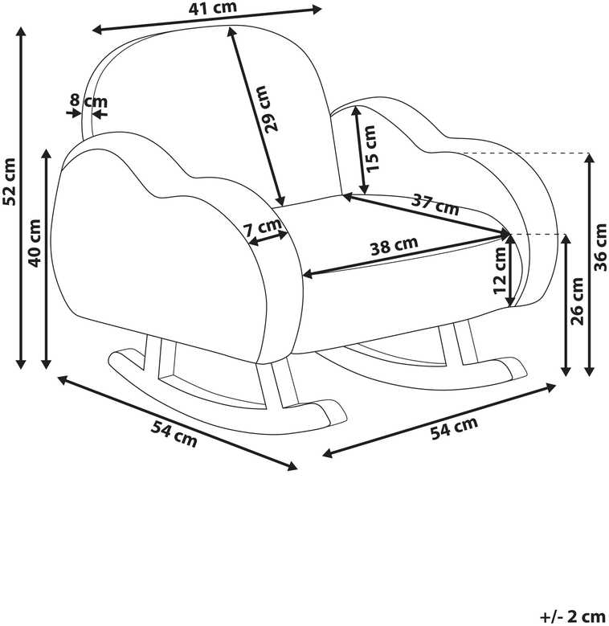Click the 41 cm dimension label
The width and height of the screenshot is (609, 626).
212,8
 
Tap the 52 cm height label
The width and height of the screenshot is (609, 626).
9,182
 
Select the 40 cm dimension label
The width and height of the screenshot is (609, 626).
35,243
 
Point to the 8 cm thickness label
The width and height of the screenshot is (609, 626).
88,100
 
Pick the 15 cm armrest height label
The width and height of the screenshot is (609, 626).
370,149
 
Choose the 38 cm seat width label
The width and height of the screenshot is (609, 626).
394,245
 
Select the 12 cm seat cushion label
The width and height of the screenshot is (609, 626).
499,270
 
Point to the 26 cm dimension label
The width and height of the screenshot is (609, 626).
577,301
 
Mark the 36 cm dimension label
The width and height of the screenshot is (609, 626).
600,248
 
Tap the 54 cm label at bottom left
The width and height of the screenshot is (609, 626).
174,434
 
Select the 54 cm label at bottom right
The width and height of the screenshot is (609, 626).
454,428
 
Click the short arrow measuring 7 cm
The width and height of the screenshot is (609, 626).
268,238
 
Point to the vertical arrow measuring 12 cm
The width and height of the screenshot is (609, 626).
510,270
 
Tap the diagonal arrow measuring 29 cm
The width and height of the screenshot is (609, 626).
255,117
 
